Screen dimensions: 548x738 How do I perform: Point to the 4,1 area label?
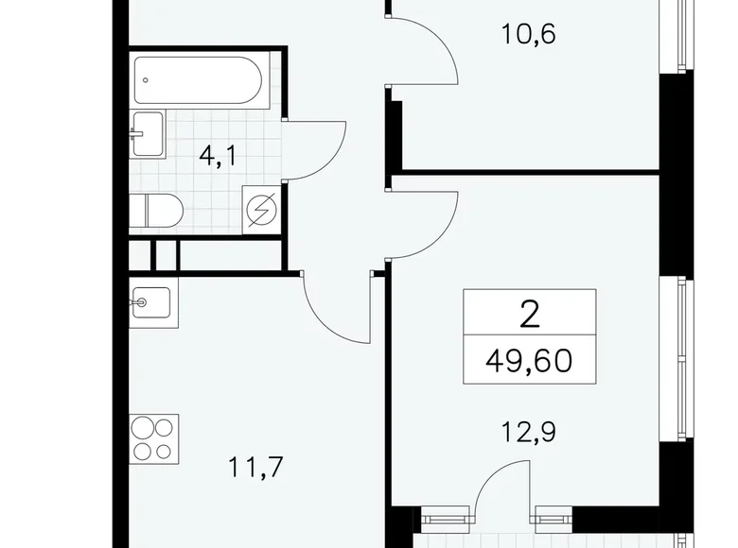pyautogui.click(x=217, y=157)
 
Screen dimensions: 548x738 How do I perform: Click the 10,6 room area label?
pyautogui.click(x=529, y=36)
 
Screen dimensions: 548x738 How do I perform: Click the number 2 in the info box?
pyautogui.click(x=529, y=312)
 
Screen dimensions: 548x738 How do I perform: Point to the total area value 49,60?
pyautogui.click(x=529, y=360)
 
